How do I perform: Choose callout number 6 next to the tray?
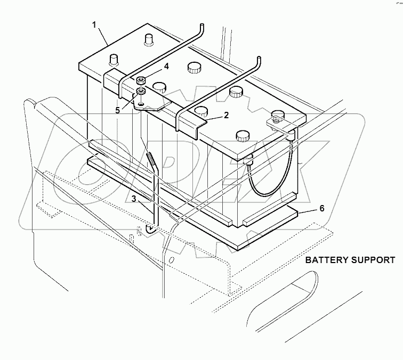321,209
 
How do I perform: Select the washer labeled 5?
141,91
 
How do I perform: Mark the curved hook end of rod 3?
151,230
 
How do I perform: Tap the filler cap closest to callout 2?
201,111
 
